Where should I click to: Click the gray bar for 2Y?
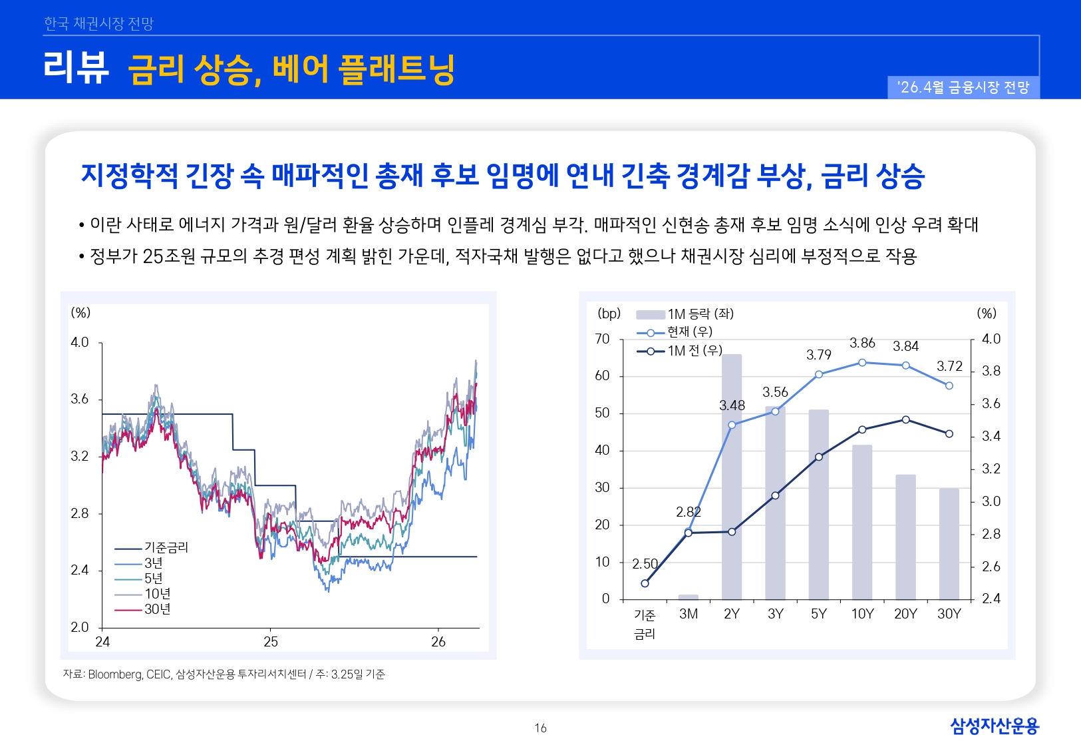(x=732, y=479)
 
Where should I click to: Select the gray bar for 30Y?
(x=949, y=544)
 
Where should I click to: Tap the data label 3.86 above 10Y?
(x=862, y=343)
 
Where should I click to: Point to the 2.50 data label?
(x=645, y=564)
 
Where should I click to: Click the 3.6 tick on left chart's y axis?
(x=80, y=399)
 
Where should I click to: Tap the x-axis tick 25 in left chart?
(x=271, y=642)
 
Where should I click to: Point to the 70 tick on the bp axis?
(x=602, y=339)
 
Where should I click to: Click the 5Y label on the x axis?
(x=819, y=614)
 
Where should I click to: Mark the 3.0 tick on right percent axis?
(x=991, y=501)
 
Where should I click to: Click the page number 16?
(x=540, y=728)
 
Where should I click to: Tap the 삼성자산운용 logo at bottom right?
(x=994, y=726)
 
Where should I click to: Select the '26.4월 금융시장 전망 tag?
(x=963, y=87)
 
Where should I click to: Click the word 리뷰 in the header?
(x=76, y=67)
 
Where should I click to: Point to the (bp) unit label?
(x=609, y=314)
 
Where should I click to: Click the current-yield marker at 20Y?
(x=906, y=366)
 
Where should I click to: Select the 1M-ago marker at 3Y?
(x=775, y=495)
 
